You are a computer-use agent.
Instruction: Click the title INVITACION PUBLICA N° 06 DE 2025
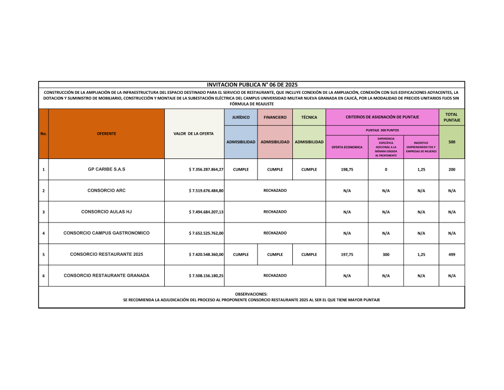pyautogui.click(x=251, y=85)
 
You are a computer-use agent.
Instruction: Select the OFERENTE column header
pyautogui.click(x=106, y=134)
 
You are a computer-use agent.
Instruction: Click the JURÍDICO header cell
pyautogui.click(x=241, y=118)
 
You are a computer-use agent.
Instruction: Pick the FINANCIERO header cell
pyautogui.click(x=275, y=118)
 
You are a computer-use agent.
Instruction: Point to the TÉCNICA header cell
pyautogui.click(x=309, y=118)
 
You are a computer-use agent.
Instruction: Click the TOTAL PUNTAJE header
pyautogui.click(x=452, y=118)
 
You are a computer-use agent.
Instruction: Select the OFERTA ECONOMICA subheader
pyautogui.click(x=347, y=147)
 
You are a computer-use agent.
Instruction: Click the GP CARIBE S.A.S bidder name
pyautogui.click(x=106, y=170)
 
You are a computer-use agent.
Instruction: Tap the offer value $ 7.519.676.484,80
pyautogui.click(x=206, y=191)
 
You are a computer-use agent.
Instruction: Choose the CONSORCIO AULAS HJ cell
pyautogui.click(x=106, y=212)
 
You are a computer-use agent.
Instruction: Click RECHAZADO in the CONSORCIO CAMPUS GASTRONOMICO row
pyautogui.click(x=275, y=233)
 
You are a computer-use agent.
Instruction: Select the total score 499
pyautogui.click(x=452, y=255)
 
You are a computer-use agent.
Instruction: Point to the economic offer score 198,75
pyautogui.click(x=347, y=170)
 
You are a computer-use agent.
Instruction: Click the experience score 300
pyautogui.click(x=386, y=255)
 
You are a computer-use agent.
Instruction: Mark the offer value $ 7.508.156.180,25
pyautogui.click(x=206, y=276)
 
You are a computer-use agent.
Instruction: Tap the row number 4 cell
pyautogui.click(x=43, y=234)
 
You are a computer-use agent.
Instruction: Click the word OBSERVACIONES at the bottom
pyautogui.click(x=251, y=294)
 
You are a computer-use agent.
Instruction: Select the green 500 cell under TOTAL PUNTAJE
pyautogui.click(x=452, y=142)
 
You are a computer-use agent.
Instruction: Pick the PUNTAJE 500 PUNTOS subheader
pyautogui.click(x=382, y=130)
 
